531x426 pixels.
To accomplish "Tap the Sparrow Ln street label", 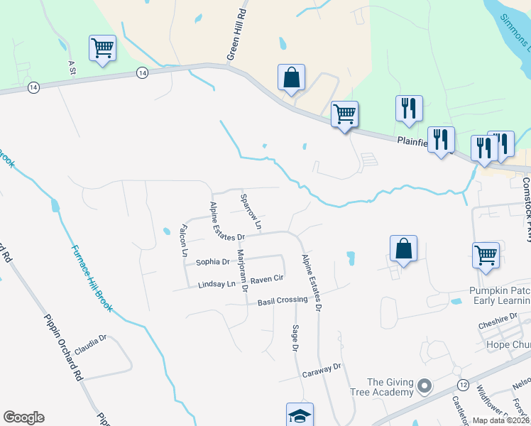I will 251,212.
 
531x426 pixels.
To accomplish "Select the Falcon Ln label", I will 184,239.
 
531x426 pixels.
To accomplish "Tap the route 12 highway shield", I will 463,384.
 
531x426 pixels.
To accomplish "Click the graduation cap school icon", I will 300,415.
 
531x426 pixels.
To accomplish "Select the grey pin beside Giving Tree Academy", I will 425,386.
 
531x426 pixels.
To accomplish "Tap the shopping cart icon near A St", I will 102,49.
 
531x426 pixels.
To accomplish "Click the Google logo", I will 23,417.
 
